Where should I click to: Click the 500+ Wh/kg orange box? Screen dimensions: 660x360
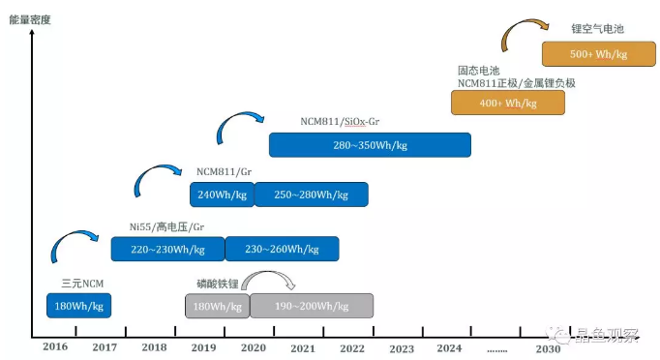click(585, 53)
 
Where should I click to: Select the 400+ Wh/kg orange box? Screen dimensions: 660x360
click(507, 103)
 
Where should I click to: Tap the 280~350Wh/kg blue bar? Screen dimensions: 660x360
click(370, 144)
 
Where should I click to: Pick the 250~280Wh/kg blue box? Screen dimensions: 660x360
click(311, 195)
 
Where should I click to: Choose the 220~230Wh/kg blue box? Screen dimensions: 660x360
click(167, 249)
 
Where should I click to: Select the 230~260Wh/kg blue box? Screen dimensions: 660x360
click(282, 249)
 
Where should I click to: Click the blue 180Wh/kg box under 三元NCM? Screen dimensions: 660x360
click(79, 305)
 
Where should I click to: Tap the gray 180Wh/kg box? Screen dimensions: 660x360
click(217, 305)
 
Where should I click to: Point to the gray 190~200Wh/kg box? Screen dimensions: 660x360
click(312, 305)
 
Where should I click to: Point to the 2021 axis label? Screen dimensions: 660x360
click(301, 347)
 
